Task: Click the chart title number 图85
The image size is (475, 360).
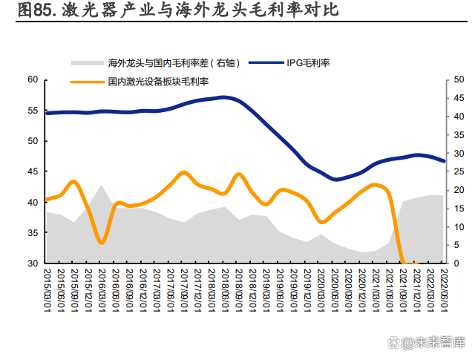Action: (x=34, y=10)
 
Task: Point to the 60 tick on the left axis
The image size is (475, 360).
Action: (x=32, y=79)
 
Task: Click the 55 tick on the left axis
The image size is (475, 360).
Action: (x=32, y=110)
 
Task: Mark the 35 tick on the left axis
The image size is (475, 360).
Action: (x=32, y=233)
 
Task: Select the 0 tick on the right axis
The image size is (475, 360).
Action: (x=451, y=264)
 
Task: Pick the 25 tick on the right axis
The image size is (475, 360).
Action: (x=453, y=171)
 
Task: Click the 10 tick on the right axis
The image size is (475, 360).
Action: (x=453, y=226)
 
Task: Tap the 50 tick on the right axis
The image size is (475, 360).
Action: (x=453, y=79)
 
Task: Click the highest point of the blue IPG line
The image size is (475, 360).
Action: (x=224, y=97)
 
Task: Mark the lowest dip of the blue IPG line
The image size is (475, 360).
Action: (x=336, y=179)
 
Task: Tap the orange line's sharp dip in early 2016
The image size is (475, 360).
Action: (x=102, y=242)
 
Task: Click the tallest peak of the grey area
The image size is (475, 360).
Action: (x=102, y=186)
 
